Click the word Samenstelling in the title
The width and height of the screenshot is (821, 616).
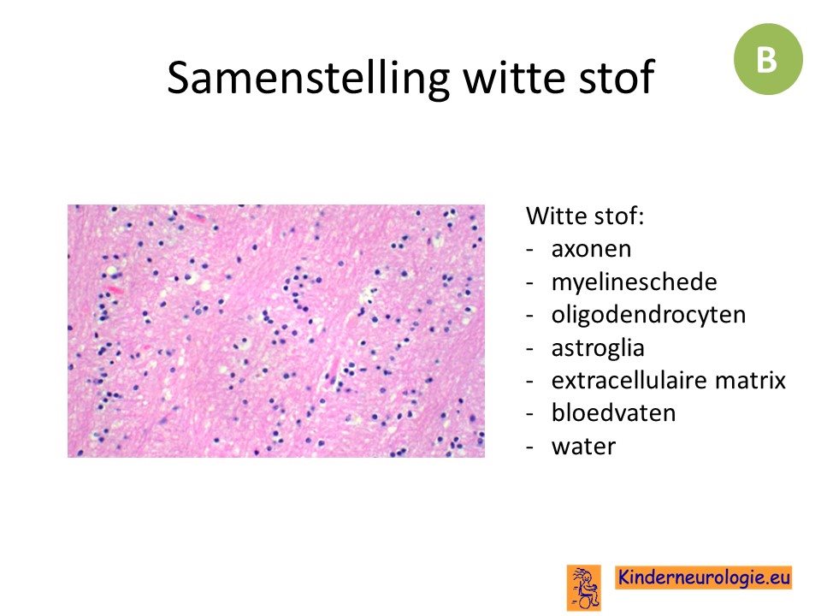coord(309,78)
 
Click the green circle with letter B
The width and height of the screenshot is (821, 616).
coord(768,59)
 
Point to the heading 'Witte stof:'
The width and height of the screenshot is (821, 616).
coord(585,216)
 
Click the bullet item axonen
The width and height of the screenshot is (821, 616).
coord(591,249)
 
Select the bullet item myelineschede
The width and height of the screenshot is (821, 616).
coord(634,282)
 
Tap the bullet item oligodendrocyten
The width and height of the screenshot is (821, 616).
coord(649,315)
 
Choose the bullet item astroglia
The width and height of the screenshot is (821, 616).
coord(598,348)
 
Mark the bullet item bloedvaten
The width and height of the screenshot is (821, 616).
coord(614,413)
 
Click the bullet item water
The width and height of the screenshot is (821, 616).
coord(583,447)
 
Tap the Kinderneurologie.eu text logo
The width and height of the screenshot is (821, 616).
coord(703,577)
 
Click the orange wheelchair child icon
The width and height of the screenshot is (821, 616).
coord(583,587)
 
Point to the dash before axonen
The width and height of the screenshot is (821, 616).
coord(530,251)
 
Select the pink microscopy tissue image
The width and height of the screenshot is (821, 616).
coord(276,331)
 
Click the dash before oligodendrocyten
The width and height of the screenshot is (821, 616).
coord(530,317)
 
